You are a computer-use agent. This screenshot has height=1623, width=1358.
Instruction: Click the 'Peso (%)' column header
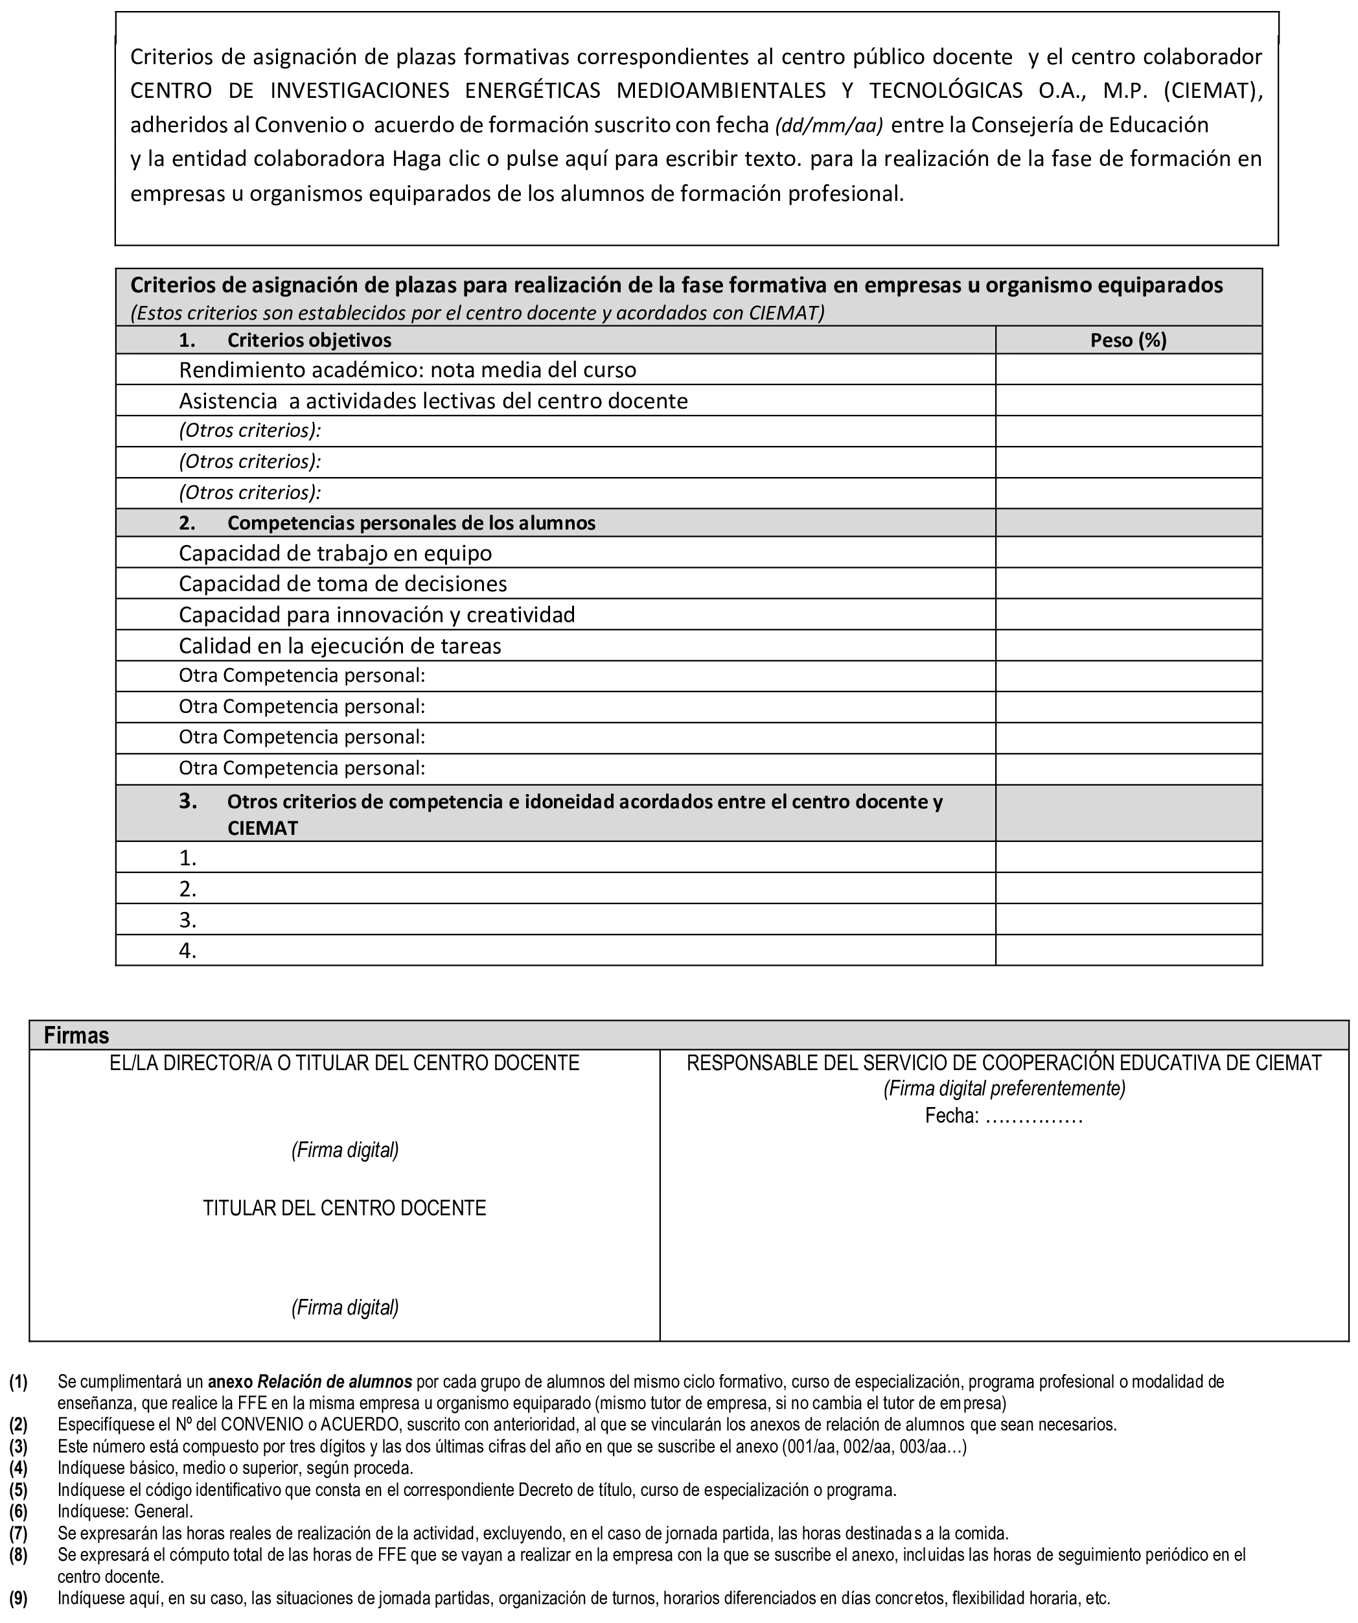click(x=1128, y=340)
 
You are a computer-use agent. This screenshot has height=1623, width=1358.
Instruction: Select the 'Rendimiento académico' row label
click(x=407, y=370)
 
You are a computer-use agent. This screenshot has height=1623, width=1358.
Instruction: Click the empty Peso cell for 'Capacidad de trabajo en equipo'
click(x=1128, y=553)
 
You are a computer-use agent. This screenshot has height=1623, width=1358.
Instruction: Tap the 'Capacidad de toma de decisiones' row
click(x=343, y=583)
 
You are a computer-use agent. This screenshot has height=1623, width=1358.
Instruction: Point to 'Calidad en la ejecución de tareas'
click(x=340, y=646)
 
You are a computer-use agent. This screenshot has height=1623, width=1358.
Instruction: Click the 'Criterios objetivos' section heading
click(x=309, y=340)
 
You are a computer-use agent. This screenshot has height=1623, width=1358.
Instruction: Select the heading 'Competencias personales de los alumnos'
click(x=411, y=523)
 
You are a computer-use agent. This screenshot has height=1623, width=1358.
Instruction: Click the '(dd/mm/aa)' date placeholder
click(x=829, y=125)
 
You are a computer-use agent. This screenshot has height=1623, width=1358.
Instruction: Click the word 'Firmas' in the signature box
click(x=76, y=1036)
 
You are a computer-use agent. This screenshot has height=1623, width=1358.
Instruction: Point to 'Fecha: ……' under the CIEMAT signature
click(x=1004, y=1116)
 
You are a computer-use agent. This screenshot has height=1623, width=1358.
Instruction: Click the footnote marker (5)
click(x=19, y=1489)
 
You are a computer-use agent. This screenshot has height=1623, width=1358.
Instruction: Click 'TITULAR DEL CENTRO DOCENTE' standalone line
click(x=345, y=1208)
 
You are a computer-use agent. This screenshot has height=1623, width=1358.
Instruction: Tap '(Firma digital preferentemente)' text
click(x=1004, y=1089)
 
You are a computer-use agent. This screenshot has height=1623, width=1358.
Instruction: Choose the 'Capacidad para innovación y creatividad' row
click(x=377, y=614)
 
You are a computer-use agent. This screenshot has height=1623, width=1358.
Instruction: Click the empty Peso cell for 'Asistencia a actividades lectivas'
click(x=1128, y=401)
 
